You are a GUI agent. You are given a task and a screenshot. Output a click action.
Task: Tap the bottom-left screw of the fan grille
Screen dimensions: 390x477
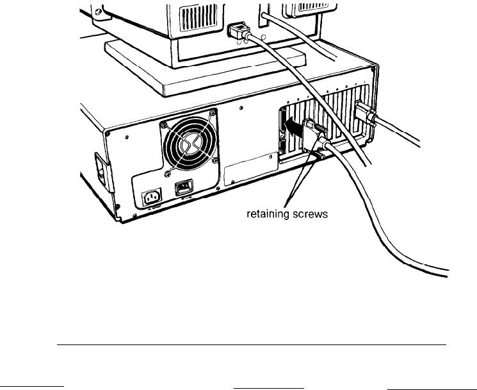[167, 173]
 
